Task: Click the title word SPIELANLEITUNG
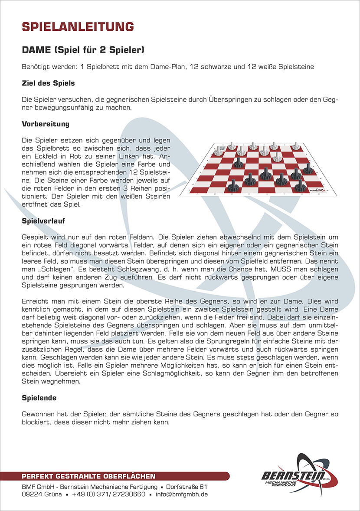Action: coord(78,26)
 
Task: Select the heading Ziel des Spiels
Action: coord(48,83)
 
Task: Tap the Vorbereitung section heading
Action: coord(46,124)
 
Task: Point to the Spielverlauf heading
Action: coord(43,221)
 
